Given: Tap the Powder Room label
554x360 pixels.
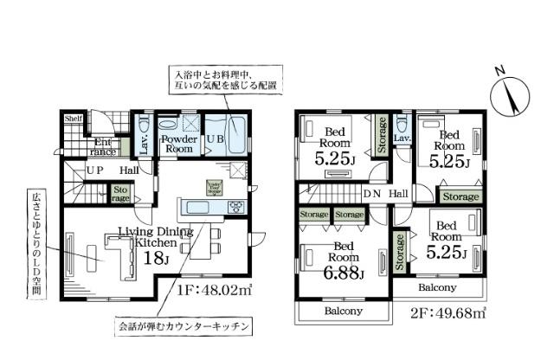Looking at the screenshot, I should pos(180,144).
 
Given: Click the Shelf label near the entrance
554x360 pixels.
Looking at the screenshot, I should pos(73,119).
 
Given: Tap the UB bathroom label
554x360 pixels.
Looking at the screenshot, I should pos(214,138).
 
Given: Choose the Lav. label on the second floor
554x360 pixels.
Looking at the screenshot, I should pos(401,138).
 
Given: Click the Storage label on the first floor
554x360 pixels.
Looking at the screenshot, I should pos(119,193).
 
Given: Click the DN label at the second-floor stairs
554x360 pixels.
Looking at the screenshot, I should pos(372,194).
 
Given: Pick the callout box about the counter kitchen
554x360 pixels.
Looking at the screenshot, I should pos(184,326).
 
